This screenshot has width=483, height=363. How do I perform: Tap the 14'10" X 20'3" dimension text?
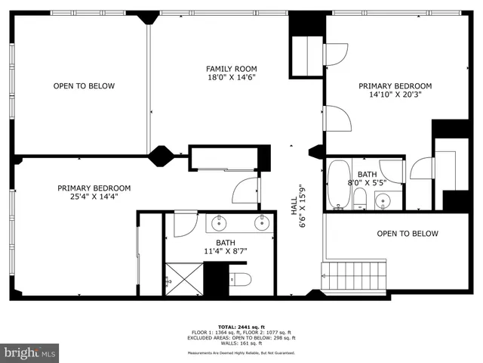(x=395, y=95)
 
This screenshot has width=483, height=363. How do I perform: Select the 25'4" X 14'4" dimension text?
(x=94, y=197)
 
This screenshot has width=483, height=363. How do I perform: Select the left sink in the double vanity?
(x=220, y=222)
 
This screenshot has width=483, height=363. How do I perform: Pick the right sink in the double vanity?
(x=260, y=222)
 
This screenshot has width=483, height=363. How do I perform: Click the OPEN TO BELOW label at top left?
(x=84, y=86)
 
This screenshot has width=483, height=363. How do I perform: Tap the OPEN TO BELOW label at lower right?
(x=407, y=234)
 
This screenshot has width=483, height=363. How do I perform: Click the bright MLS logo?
(x=30, y=353)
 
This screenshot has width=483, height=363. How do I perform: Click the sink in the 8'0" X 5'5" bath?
(x=383, y=200)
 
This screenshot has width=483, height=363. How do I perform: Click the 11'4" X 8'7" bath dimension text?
(x=226, y=251)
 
